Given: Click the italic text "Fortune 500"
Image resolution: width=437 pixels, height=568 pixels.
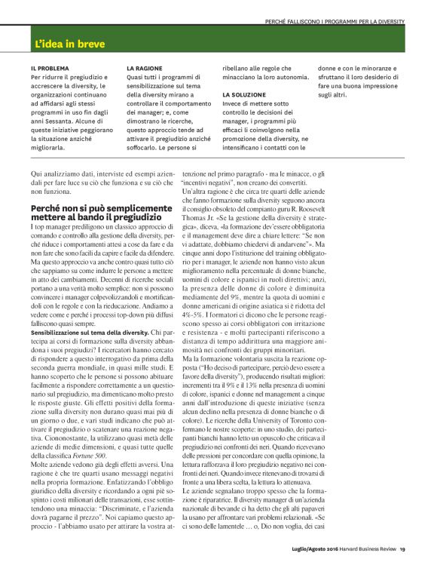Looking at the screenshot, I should click(x=88, y=435).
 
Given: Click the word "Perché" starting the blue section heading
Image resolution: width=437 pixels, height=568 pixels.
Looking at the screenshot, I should click(x=46, y=207).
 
